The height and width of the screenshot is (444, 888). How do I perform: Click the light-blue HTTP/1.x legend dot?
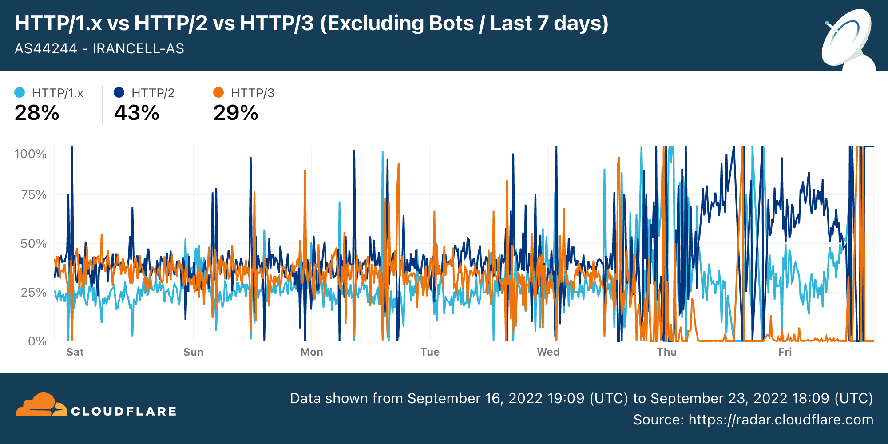[x=20, y=92]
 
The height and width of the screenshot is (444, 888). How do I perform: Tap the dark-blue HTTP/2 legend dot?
[x=119, y=92]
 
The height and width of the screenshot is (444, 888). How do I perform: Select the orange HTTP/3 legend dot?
[x=218, y=92]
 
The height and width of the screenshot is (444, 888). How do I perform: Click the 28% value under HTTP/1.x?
[x=37, y=113]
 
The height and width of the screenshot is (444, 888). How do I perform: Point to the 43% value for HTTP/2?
[x=136, y=113]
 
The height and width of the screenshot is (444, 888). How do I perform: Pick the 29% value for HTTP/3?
[x=236, y=113]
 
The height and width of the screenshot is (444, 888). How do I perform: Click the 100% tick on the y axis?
[x=30, y=154]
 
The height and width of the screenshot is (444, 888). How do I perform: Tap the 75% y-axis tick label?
[x=33, y=195]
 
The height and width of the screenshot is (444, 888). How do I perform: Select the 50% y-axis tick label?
[x=33, y=244]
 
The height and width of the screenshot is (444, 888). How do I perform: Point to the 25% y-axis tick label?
[x=33, y=293]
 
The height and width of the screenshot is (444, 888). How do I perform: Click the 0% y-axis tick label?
[x=37, y=341]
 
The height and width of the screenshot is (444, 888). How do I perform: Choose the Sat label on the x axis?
[x=75, y=352]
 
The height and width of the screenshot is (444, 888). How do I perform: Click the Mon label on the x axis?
[x=312, y=352]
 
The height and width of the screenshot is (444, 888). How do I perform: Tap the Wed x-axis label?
[x=548, y=352]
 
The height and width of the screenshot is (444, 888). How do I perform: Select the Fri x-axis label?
[x=785, y=352]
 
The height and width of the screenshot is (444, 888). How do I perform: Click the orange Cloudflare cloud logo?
[x=41, y=404]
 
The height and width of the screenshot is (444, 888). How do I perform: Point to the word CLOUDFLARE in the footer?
[x=124, y=412]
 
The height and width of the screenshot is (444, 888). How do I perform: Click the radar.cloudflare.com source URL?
[x=781, y=420]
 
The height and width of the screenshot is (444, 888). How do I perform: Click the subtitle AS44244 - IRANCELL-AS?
[x=99, y=48]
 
